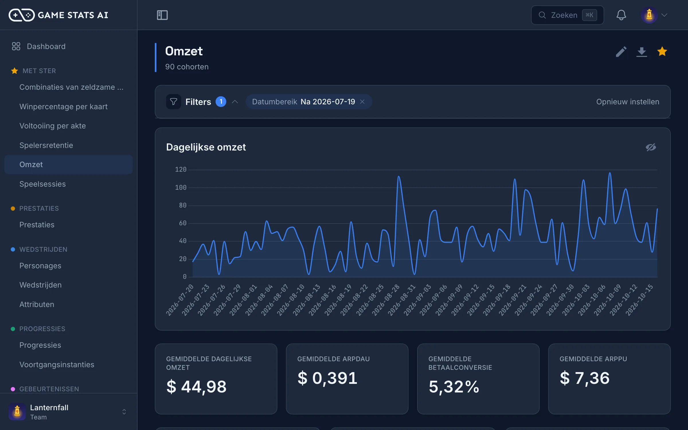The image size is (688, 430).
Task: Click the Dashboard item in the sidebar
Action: pyautogui.click(x=46, y=46)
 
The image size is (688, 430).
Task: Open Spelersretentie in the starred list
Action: pyautogui.click(x=46, y=145)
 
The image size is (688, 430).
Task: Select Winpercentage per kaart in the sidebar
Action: pyautogui.click(x=63, y=107)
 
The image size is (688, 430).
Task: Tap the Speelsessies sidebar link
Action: pyautogui.click(x=42, y=184)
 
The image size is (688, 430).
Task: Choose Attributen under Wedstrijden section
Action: pyautogui.click(x=37, y=304)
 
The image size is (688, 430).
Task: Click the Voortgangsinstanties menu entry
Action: pyautogui.click(x=57, y=365)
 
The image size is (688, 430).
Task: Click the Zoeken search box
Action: pyautogui.click(x=567, y=15)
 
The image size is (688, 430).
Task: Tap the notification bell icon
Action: pyautogui.click(x=621, y=15)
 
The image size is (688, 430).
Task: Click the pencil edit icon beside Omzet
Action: pyautogui.click(x=621, y=52)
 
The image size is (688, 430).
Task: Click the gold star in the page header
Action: pyautogui.click(x=662, y=52)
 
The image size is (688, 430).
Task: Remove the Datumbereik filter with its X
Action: pyautogui.click(x=362, y=102)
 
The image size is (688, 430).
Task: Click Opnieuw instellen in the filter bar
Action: pyautogui.click(x=628, y=102)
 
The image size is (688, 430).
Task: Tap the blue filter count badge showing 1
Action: pyautogui.click(x=221, y=101)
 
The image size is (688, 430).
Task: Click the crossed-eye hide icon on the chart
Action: pyautogui.click(x=651, y=147)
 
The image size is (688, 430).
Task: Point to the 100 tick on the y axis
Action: pyautogui.click(x=181, y=187)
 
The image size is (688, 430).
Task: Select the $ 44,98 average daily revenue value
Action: pyautogui.click(x=196, y=386)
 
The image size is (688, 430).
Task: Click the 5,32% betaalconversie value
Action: pyautogui.click(x=454, y=386)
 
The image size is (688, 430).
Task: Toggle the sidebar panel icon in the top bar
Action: pyautogui.click(x=162, y=15)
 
